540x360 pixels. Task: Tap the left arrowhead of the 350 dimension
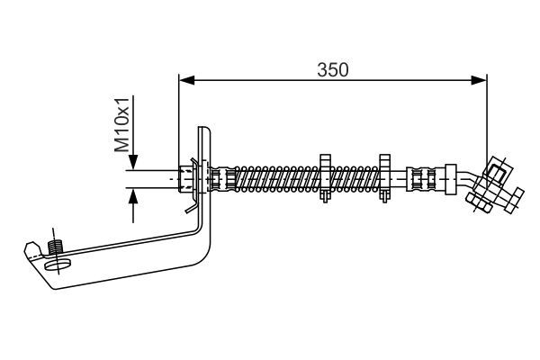[184, 81]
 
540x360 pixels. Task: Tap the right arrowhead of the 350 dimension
[482, 81]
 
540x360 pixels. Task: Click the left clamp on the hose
[326, 177]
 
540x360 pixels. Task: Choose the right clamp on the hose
[384, 177]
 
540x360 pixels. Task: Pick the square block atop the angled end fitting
[496, 167]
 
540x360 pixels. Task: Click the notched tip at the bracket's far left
[30, 247]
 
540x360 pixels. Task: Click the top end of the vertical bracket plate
[204, 131]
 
